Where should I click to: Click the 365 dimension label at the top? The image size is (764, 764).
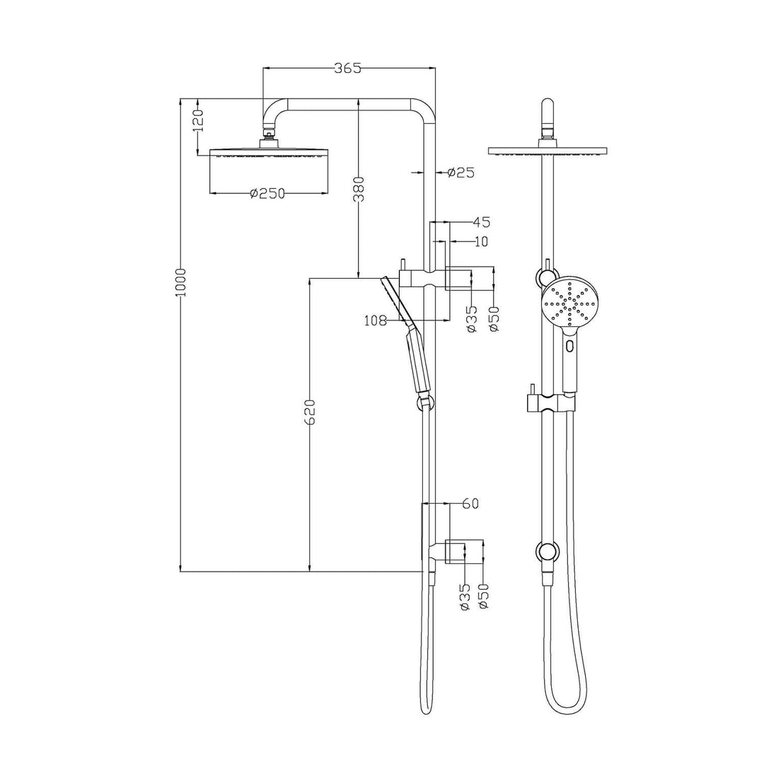point(347,68)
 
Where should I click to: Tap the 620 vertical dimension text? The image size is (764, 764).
point(309,412)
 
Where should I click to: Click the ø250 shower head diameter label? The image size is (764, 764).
point(267,194)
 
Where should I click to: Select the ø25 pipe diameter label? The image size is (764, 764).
point(461,172)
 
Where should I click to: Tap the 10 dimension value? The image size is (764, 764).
point(480,241)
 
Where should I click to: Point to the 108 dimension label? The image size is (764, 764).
point(375,321)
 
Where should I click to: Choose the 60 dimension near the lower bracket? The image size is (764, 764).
point(470,504)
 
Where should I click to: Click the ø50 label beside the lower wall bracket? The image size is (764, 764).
point(484,596)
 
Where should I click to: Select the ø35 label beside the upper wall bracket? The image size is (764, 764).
point(472,318)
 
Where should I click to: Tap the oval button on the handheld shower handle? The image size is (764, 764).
point(570,347)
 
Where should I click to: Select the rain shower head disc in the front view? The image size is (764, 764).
point(548,151)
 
